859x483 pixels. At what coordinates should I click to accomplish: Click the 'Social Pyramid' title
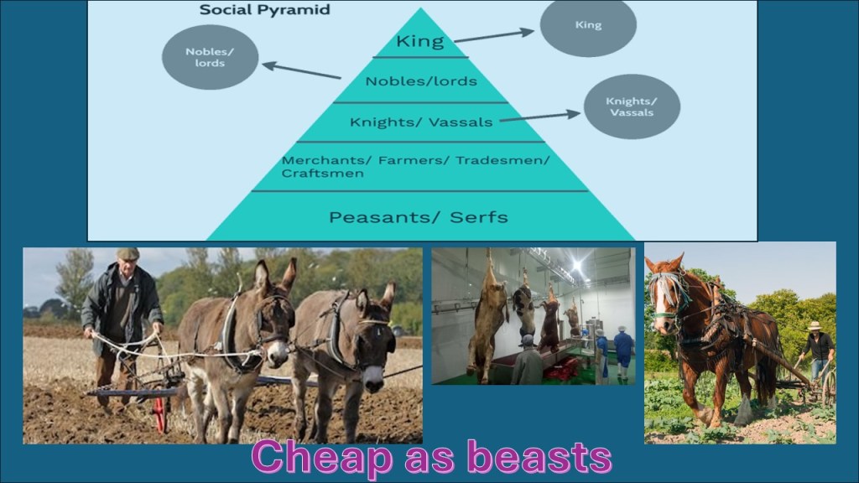264,10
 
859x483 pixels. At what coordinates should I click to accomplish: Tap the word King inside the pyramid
420,41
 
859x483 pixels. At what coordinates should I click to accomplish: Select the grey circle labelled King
588,25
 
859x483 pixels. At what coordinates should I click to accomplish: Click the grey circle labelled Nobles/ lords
210,57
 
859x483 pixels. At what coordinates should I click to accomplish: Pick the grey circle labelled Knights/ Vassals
632,106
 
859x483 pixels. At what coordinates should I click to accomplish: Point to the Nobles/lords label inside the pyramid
421,81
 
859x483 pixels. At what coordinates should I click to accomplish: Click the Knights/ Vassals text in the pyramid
421,122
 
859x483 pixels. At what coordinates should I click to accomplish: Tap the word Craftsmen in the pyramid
323,174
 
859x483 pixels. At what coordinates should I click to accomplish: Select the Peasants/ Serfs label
418,217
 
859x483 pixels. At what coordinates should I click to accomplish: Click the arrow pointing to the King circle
494,35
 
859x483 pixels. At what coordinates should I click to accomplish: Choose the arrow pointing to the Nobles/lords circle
301,70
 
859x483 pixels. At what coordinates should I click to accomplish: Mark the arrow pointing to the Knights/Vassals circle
539,117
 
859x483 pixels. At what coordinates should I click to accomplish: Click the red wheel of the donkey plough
160,414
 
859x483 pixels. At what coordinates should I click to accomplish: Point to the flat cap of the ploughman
128,253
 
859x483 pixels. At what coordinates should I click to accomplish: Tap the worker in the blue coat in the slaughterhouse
623,352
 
